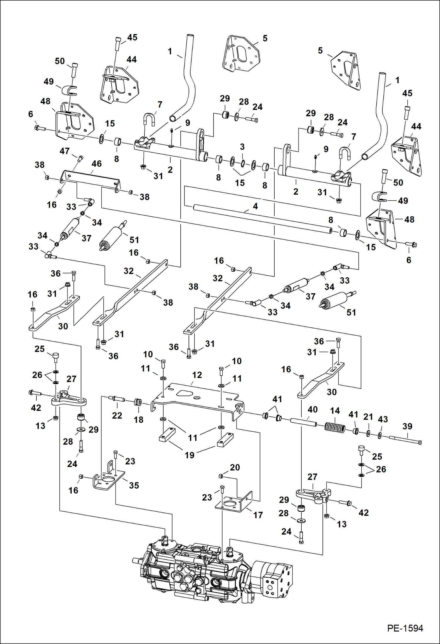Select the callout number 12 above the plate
tap(197, 375)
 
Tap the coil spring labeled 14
tap(335, 427)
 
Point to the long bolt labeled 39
tap(405, 440)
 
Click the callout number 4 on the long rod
tap(255, 206)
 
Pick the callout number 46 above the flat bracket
tap(96, 164)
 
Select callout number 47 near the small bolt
tap(64, 151)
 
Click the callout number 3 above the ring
tap(242, 147)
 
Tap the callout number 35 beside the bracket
tap(134, 485)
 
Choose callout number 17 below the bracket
tap(258, 515)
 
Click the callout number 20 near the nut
tap(235, 467)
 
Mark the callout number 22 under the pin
tap(117, 415)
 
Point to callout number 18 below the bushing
tap(138, 420)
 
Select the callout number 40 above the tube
tap(313, 409)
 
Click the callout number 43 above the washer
tap(383, 419)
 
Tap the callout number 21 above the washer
tap(368, 417)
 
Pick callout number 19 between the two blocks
tap(189, 455)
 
